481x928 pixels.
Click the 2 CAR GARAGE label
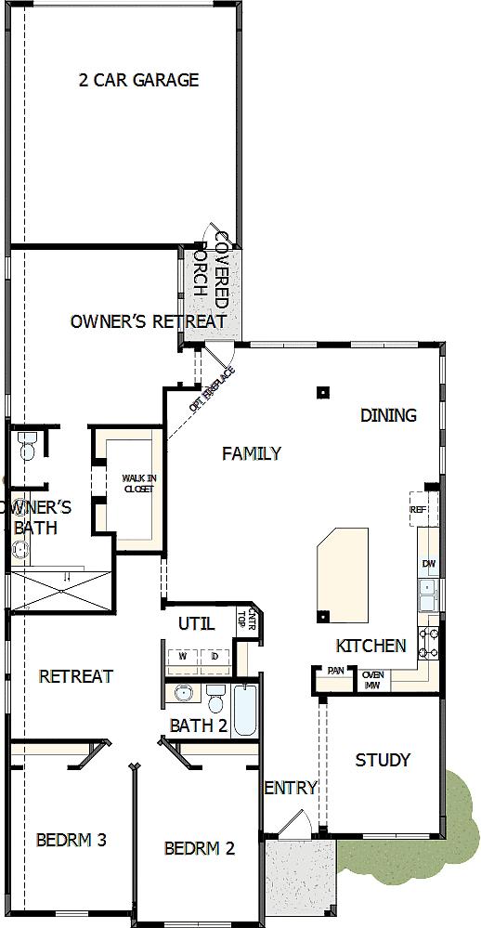pyautogui.click(x=138, y=81)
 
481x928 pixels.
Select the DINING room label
pyautogui.click(x=388, y=415)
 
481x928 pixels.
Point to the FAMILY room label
pyautogui.click(x=252, y=453)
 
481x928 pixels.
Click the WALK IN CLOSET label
pyautogui.click(x=139, y=484)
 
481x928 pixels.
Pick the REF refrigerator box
pyautogui.click(x=417, y=510)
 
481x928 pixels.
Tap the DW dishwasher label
pyautogui.click(x=428, y=564)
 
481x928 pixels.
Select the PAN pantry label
pyautogui.click(x=335, y=670)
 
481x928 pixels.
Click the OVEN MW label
pyautogui.click(x=373, y=679)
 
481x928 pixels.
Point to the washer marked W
pyautogui.click(x=183, y=657)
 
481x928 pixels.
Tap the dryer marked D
pyautogui.click(x=214, y=657)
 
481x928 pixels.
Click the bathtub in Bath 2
pyautogui.click(x=245, y=711)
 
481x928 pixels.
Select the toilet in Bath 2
pyautogui.click(x=216, y=697)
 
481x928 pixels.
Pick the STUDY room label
pyautogui.click(x=383, y=760)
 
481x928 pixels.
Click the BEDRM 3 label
pyautogui.click(x=71, y=840)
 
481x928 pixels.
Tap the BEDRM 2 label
pyautogui.click(x=199, y=847)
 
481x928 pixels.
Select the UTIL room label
pyautogui.click(x=196, y=622)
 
